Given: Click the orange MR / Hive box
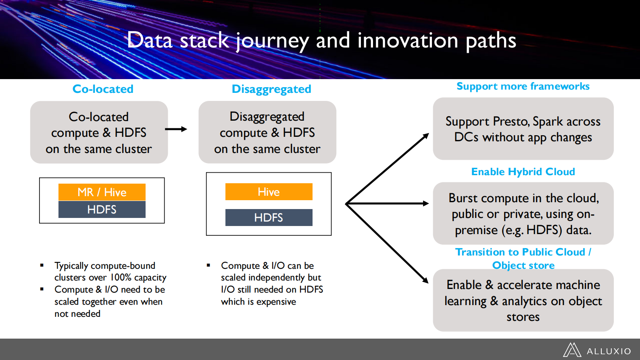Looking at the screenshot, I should click(102, 192).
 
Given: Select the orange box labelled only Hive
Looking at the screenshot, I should click(269, 192).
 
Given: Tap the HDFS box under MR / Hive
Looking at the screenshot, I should click(102, 209).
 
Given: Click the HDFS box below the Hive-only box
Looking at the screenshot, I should click(269, 218).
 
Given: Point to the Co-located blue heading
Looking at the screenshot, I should click(103, 89).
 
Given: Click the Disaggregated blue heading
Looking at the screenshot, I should click(271, 89).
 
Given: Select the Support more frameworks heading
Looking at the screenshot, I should click(523, 86).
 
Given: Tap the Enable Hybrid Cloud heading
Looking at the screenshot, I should click(523, 172).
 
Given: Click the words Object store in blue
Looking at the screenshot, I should click(523, 266).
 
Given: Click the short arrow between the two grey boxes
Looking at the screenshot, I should click(176, 129).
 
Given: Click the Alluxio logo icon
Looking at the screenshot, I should click(572, 350).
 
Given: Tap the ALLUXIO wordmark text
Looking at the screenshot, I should click(609, 352).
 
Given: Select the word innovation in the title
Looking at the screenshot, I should click(408, 40).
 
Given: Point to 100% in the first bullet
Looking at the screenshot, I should click(121, 278).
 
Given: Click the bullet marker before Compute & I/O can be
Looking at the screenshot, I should click(208, 265).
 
